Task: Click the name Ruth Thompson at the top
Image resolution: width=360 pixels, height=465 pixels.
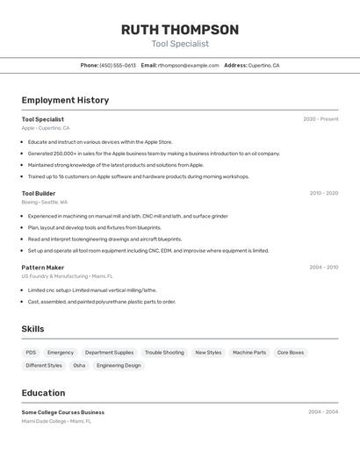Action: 179,30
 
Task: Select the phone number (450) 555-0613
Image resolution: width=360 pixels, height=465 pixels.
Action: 118,65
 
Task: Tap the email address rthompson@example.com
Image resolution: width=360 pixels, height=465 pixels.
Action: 188,65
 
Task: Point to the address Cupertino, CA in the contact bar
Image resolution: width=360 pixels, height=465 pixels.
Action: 263,65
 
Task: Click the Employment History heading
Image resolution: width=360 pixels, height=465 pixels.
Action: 65,100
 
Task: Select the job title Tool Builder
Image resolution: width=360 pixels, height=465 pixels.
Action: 39,193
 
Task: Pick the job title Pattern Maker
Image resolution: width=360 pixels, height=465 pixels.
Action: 43,267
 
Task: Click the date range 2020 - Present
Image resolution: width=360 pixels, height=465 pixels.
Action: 320,119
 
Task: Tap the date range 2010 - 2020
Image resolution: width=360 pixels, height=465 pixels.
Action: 323,193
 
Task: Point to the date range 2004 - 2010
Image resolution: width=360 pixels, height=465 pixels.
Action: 323,267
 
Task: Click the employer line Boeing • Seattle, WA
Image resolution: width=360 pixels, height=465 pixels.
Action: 44,202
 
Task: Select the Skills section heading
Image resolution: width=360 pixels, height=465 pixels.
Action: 32,329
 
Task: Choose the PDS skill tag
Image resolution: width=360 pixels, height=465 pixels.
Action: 31,353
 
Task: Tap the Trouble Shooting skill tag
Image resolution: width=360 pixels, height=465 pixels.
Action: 164,353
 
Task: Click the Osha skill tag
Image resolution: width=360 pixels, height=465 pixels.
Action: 79,365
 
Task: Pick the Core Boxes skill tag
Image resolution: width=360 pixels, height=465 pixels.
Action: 291,353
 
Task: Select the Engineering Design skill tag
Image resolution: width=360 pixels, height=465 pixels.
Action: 119,365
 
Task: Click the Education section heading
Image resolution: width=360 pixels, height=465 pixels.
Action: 43,393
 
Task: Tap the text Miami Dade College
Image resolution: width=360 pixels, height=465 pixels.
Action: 44,421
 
